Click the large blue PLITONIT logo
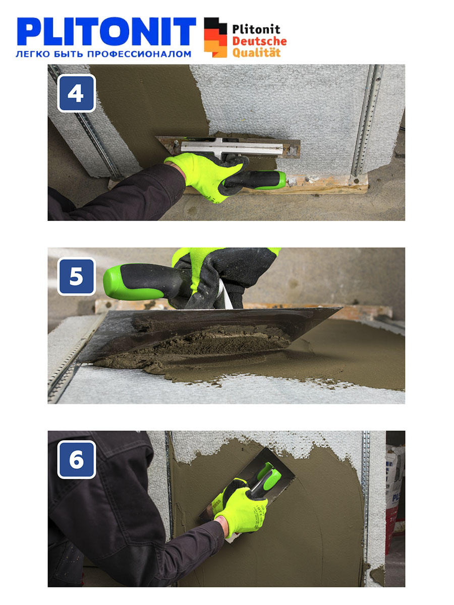[x=106, y=31]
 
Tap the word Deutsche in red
[x=259, y=41]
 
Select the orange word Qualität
[x=256, y=52]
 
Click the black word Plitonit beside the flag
[x=256, y=29]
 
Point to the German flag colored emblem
[x=215, y=37]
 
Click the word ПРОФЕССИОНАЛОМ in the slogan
[x=139, y=54]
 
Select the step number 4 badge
[x=76, y=93]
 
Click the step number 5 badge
[x=76, y=276]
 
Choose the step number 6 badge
[x=76, y=459]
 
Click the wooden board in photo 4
[x=275, y=184]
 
